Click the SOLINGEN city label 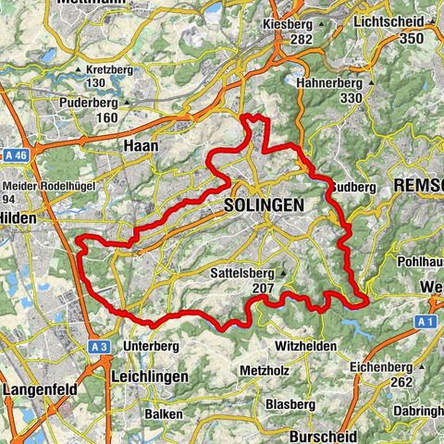point(264,207)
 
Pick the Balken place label point(163,413)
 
